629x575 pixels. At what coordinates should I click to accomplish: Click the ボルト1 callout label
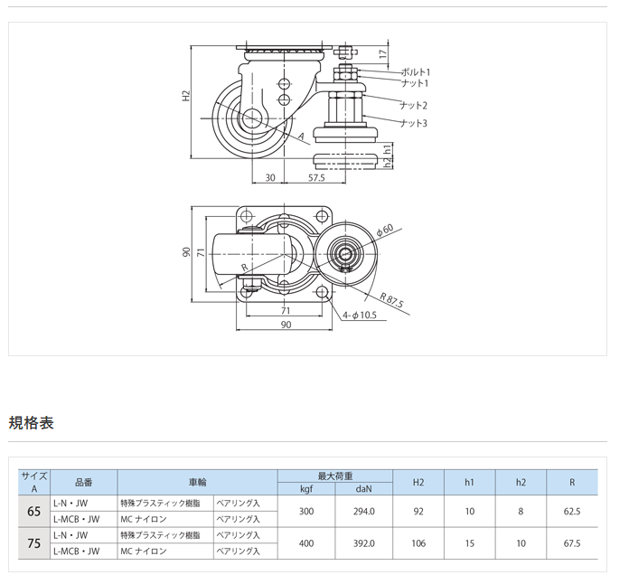pyautogui.click(x=415, y=71)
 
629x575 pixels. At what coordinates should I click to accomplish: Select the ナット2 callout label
pyautogui.click(x=413, y=104)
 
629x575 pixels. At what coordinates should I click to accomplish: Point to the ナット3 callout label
pyautogui.click(x=413, y=122)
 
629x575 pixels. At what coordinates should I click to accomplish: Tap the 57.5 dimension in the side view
pyautogui.click(x=316, y=178)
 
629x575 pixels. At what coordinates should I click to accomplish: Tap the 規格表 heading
pyautogui.click(x=32, y=422)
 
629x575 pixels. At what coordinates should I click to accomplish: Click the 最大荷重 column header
pyautogui.click(x=335, y=476)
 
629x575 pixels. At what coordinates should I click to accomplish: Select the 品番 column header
pyautogui.click(x=83, y=483)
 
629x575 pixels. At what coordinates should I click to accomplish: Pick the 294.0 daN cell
pyautogui.click(x=364, y=511)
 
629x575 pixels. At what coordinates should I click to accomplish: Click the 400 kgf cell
pyautogui.click(x=306, y=543)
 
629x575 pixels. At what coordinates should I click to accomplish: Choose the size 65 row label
pyautogui.click(x=34, y=511)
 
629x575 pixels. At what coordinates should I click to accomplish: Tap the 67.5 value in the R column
pyautogui.click(x=571, y=543)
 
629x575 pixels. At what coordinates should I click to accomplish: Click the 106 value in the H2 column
pyautogui.click(x=418, y=543)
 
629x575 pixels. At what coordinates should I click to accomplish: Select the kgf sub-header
pyautogui.click(x=306, y=489)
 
